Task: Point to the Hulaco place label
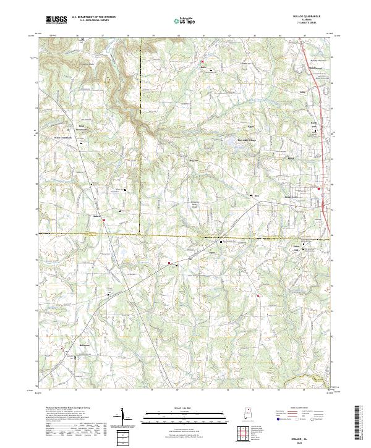click(x=96, y=216)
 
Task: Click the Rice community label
click(x=257, y=197)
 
